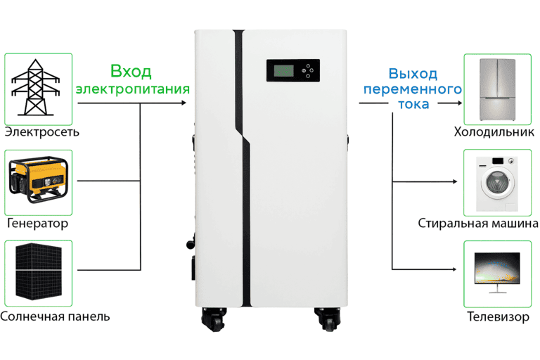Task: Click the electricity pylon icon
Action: coord(37,86)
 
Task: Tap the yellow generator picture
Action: coord(37,181)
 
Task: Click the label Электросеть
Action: coord(41,132)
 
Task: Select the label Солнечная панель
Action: coord(55,316)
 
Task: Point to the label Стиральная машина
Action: coord(478,224)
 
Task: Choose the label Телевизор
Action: coord(498,316)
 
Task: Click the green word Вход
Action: coord(131,72)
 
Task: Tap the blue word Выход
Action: coord(413,73)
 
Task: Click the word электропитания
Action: coord(133,89)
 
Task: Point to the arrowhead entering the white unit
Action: coord(184,103)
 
